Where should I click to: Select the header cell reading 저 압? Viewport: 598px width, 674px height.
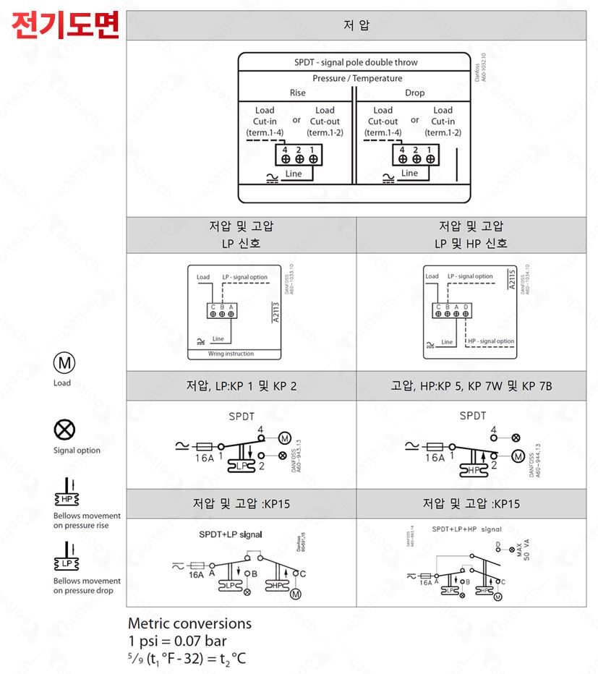pyautogui.click(x=356, y=26)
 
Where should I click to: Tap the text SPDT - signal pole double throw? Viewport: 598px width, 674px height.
pyautogui.click(x=356, y=62)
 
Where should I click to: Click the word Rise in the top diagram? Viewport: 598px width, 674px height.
pyautogui.click(x=297, y=93)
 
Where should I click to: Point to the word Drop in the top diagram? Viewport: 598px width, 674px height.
pyautogui.click(x=414, y=93)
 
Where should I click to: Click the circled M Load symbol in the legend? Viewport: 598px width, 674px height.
pyautogui.click(x=62, y=362)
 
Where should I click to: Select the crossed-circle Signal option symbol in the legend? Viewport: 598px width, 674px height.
pyautogui.click(x=62, y=430)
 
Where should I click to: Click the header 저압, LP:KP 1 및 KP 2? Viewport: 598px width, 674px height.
pyautogui.click(x=241, y=386)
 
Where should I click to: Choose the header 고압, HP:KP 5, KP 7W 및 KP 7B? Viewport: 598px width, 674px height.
pyautogui.click(x=471, y=386)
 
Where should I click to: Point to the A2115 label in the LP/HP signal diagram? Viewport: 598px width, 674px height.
pyautogui.click(x=511, y=280)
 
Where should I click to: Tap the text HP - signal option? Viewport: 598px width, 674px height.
pyautogui.click(x=491, y=341)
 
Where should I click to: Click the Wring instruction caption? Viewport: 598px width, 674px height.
pyautogui.click(x=231, y=354)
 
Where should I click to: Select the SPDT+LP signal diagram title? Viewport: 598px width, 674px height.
pyautogui.click(x=231, y=535)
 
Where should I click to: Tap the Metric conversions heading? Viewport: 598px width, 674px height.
pyautogui.click(x=189, y=623)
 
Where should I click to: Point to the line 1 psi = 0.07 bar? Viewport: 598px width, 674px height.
pyautogui.click(x=177, y=641)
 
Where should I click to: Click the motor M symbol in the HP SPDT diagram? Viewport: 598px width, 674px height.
pyautogui.click(x=517, y=456)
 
